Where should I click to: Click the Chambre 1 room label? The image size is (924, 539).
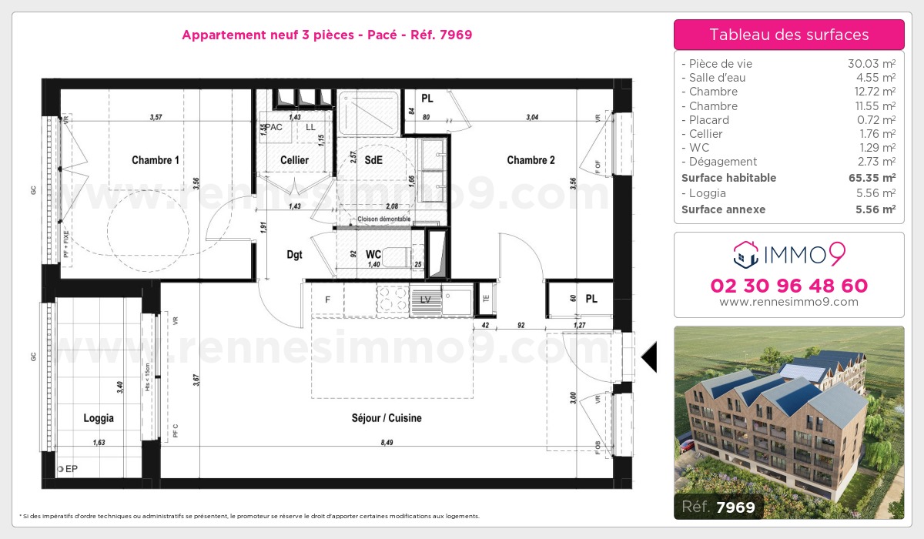(156, 160)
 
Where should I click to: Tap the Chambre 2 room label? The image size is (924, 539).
(531, 160)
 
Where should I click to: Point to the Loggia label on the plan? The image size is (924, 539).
(99, 418)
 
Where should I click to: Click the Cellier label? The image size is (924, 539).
(294, 160)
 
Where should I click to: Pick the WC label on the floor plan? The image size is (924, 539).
(373, 254)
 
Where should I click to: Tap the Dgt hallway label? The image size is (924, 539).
(294, 254)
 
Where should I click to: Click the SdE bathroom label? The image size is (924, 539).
(373, 160)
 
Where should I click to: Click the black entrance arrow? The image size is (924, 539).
(649, 357)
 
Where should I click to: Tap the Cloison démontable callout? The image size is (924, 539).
(383, 219)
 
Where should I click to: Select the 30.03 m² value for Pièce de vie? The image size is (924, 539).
(871, 64)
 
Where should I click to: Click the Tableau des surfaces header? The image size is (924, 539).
(788, 35)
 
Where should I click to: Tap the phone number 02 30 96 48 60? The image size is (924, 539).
(788, 286)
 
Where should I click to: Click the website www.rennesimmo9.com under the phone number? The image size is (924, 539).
(788, 302)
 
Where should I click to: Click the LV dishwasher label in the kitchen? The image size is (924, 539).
(424, 300)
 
